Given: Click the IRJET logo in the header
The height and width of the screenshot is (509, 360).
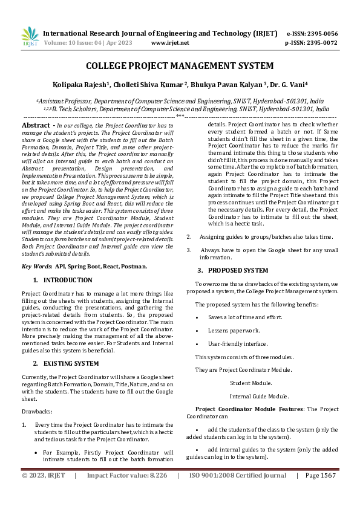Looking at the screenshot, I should coord(29,36).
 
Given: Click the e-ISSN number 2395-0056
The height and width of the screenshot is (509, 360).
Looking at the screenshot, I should coord(321,33).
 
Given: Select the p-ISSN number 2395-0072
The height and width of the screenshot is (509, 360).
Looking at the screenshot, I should coord(321,43).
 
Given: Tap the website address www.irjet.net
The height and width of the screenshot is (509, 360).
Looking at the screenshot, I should coord(169,43).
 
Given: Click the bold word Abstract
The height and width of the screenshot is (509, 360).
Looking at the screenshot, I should coord(35,125).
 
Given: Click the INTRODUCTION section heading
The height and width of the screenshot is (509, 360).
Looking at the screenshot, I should coord(68,280).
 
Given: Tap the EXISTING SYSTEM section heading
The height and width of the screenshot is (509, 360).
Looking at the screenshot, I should coord(71,363).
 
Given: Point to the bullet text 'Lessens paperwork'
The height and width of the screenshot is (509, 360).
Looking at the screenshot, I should coord(234,330).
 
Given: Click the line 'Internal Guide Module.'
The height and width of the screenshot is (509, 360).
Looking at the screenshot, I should coord(259,396).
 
